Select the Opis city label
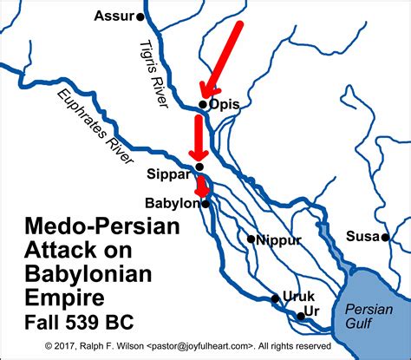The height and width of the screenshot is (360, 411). [x=224, y=104]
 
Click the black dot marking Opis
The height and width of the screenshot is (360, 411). [x=203, y=104]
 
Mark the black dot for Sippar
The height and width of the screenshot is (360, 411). [x=175, y=167]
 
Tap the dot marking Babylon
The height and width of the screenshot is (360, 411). [x=206, y=204]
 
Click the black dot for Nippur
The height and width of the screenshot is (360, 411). [x=251, y=239]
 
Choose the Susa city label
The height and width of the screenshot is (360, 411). [x=360, y=235]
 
